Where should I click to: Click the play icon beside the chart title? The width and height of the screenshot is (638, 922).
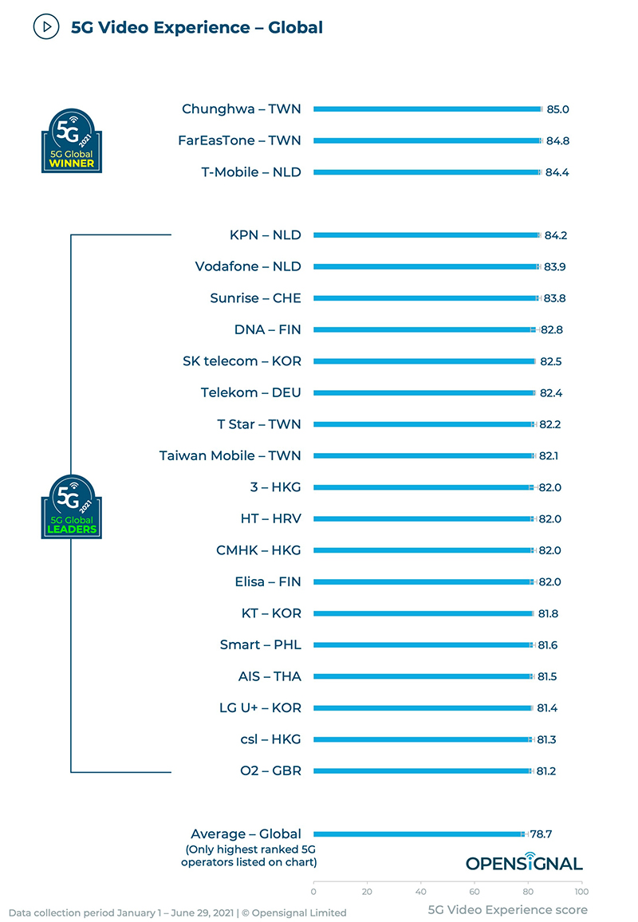point(47,27)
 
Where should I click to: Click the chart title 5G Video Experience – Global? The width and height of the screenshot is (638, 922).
point(197,28)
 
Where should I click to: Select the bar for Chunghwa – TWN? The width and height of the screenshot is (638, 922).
point(427,109)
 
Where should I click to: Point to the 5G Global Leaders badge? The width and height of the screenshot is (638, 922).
point(71,506)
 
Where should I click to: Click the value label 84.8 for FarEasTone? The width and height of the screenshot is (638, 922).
point(557,141)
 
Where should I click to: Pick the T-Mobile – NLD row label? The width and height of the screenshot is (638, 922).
point(251,172)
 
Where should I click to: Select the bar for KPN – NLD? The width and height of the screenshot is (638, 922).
point(426,235)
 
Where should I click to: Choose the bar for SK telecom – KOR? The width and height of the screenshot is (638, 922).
point(423,361)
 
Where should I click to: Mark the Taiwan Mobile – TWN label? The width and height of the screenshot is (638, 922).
point(230,455)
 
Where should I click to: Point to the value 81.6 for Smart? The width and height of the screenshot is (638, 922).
point(548,644)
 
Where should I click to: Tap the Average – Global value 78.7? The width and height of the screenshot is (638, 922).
point(542,834)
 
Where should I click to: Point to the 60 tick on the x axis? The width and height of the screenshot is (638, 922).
point(475,891)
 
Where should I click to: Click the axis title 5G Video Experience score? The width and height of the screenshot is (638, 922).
point(508,910)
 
